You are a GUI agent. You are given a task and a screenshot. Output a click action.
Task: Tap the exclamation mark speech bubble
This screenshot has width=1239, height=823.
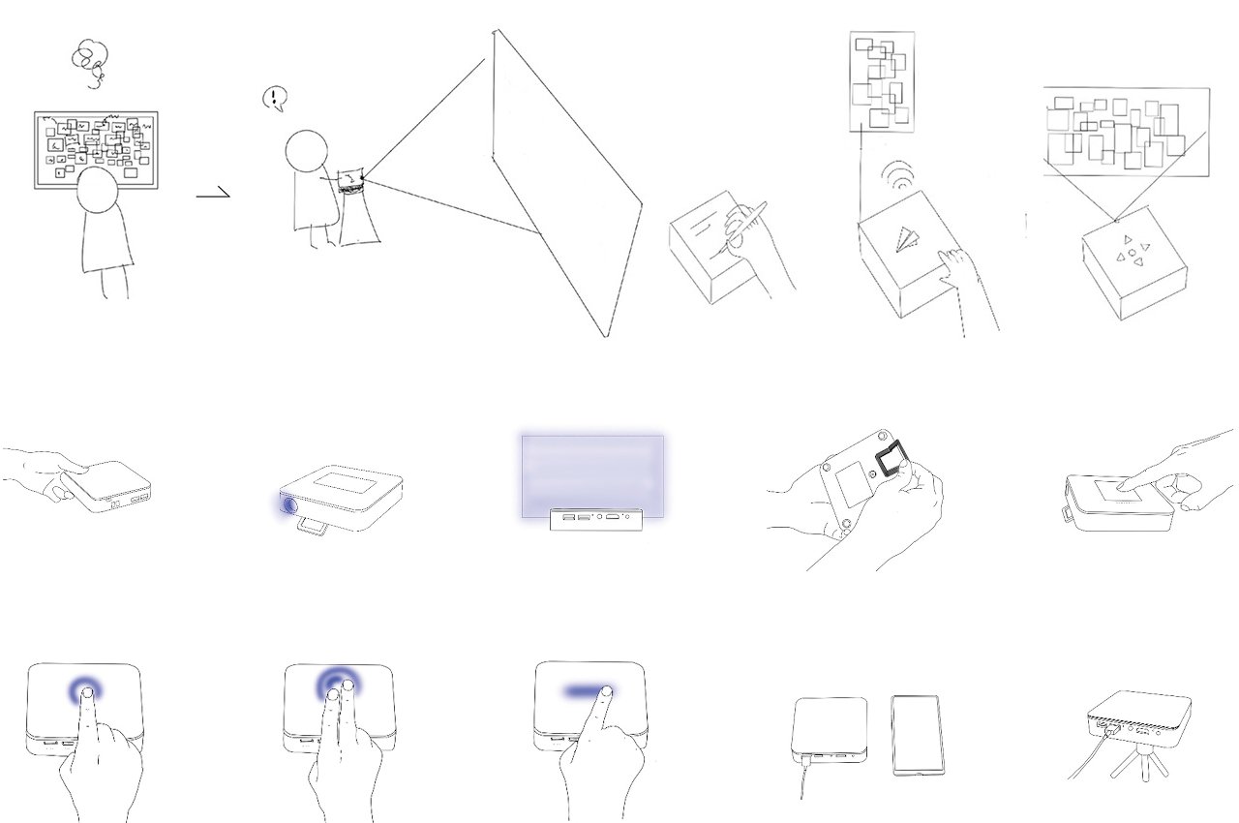[x=276, y=98]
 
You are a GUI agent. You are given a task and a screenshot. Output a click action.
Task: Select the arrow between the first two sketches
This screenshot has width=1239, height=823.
[x=214, y=194]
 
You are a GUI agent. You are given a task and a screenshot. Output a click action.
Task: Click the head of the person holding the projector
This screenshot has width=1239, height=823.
[x=308, y=153]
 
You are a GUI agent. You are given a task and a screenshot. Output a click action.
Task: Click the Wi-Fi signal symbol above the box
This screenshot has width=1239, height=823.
[x=899, y=175]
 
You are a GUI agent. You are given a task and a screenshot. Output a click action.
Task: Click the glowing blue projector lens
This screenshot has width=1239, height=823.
[x=288, y=504]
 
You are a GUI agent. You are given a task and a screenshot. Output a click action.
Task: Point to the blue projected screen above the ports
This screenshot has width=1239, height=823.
[x=592, y=474]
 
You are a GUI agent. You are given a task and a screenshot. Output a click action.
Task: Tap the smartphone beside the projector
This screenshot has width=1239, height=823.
[x=918, y=734]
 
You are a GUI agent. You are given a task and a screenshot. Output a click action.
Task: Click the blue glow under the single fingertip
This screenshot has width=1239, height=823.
[x=87, y=689]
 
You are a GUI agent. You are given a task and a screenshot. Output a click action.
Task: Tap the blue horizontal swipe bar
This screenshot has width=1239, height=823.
[x=587, y=691]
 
